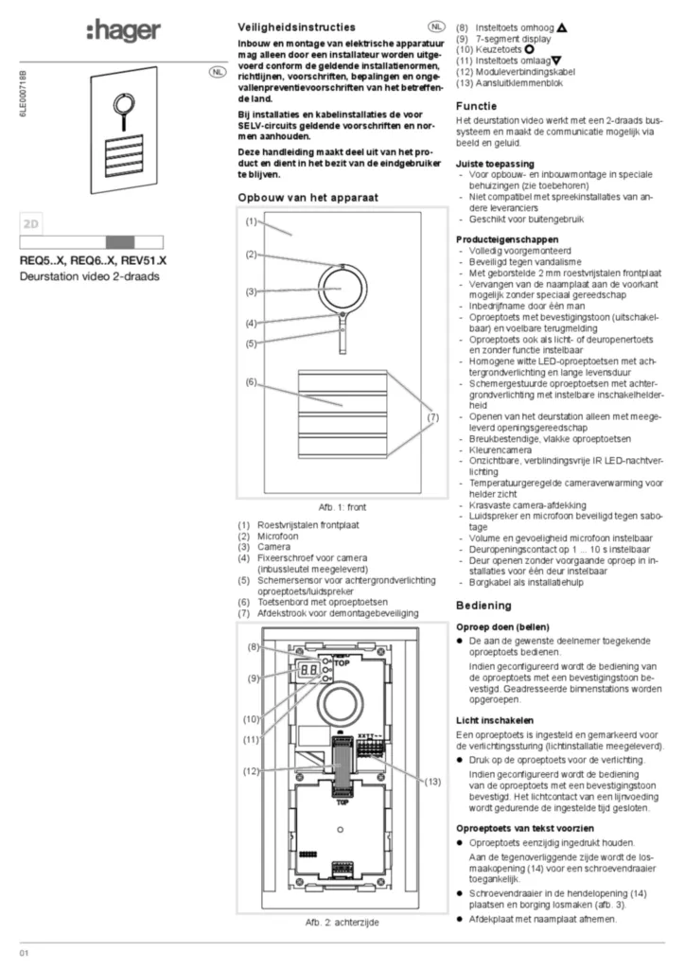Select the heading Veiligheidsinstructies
(296, 27)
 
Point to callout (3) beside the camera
(251, 291)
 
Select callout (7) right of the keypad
(432, 417)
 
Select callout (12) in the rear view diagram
(251, 771)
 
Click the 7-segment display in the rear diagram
(307, 669)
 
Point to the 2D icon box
(31, 224)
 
